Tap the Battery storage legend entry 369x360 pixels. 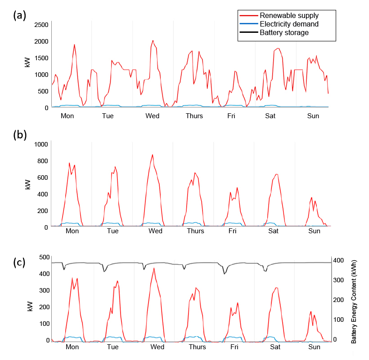(x=284, y=32)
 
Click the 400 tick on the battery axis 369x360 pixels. (x=338, y=260)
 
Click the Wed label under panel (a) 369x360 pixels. (x=153, y=116)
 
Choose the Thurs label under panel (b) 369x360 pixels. (x=195, y=231)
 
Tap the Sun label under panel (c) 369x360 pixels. (x=314, y=347)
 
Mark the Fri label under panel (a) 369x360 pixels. (x=231, y=116)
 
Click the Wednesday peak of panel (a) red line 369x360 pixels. (x=153, y=40)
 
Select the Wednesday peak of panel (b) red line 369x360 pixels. (x=153, y=155)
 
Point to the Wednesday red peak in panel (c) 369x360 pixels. (x=154, y=268)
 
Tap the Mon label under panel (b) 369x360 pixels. (x=72, y=231)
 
